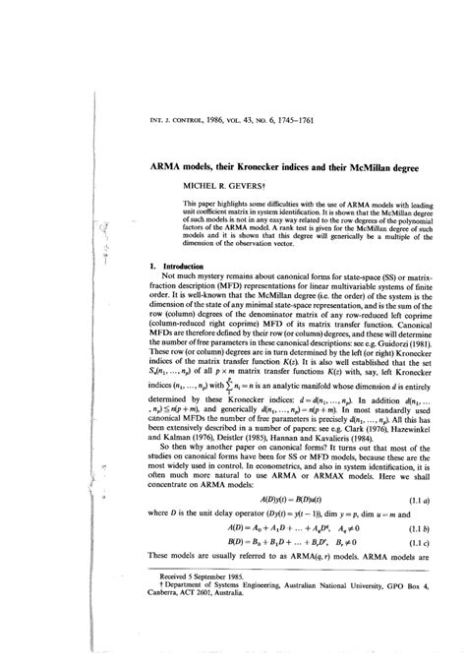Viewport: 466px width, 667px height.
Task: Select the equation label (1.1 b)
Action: point(408,556)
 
